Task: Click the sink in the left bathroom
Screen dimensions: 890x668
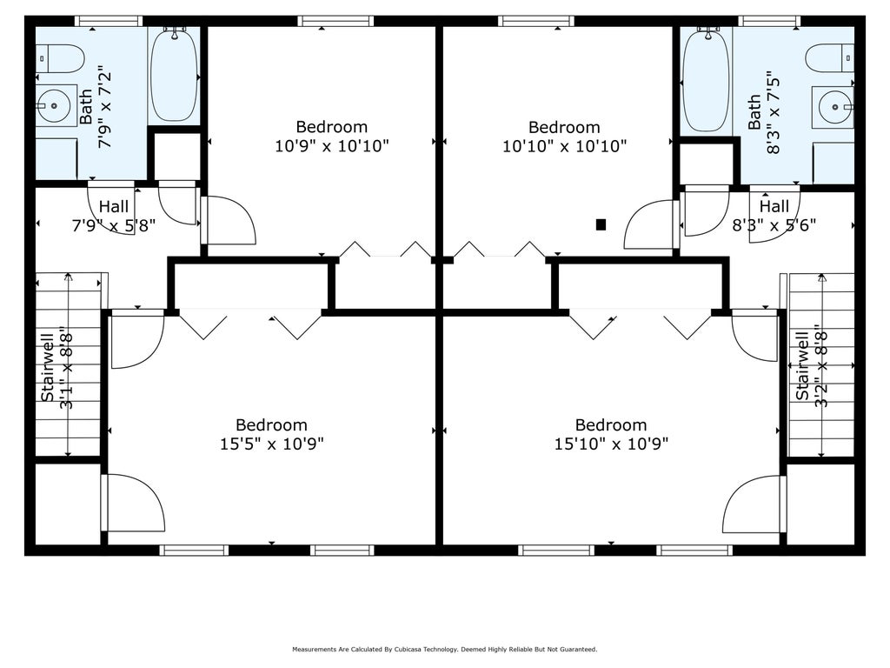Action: pyautogui.click(x=56, y=105)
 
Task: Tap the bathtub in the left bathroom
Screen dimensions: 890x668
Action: pyautogui.click(x=174, y=74)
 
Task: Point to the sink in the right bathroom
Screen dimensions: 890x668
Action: pyautogui.click(x=833, y=107)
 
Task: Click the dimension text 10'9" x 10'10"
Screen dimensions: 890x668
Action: pyautogui.click(x=332, y=146)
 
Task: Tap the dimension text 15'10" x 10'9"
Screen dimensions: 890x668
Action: pyautogui.click(x=611, y=444)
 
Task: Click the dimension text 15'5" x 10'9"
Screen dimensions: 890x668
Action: pyautogui.click(x=272, y=444)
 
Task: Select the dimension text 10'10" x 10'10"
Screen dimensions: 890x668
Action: pyautogui.click(x=565, y=146)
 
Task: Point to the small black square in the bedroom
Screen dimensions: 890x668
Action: pyautogui.click(x=601, y=225)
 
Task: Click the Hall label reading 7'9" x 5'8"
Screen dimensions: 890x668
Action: pyautogui.click(x=114, y=216)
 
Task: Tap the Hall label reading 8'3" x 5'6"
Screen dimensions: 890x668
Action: pyautogui.click(x=774, y=216)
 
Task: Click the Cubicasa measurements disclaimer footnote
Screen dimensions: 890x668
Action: pyautogui.click(x=445, y=649)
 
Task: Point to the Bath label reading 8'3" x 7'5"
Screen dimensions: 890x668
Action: pyautogui.click(x=763, y=112)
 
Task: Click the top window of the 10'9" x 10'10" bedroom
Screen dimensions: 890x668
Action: pyautogui.click(x=335, y=22)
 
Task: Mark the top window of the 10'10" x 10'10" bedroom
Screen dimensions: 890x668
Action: pyautogui.click(x=536, y=22)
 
